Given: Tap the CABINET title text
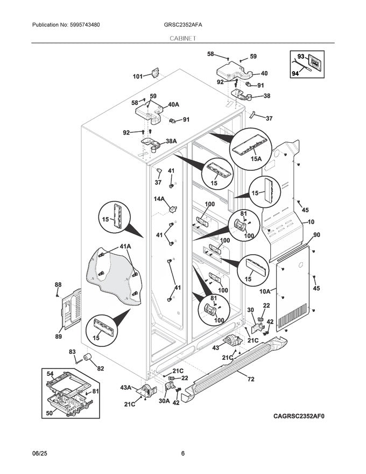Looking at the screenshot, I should (x=182, y=39).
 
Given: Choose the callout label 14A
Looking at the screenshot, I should (x=159, y=199).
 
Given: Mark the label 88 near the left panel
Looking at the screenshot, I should (x=58, y=284).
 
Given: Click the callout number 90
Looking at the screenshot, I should (x=316, y=234).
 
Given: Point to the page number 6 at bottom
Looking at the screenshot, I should (x=182, y=453).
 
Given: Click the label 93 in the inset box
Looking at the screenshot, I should (x=301, y=56).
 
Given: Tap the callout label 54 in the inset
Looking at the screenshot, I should (x=50, y=373).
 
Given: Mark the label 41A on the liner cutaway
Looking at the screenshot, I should (x=125, y=246).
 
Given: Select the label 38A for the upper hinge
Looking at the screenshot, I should (x=171, y=141).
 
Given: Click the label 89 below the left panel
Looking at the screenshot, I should (x=58, y=336).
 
